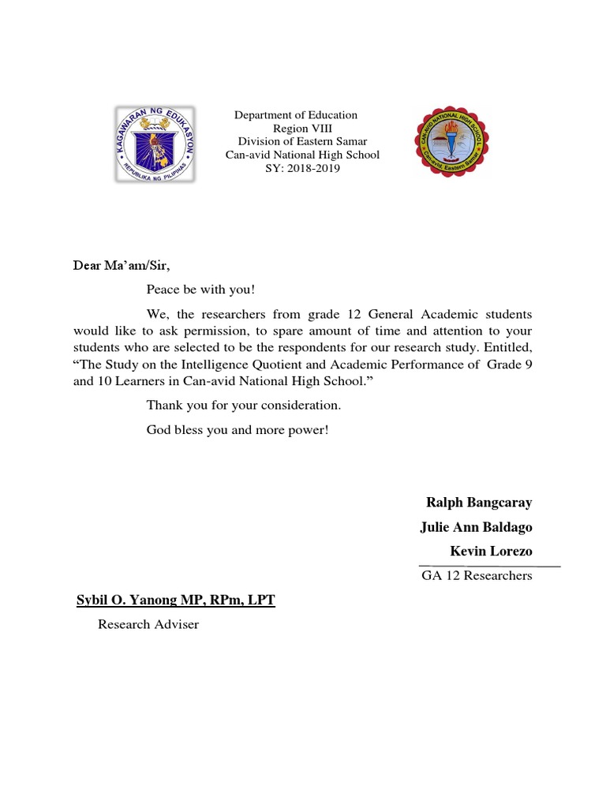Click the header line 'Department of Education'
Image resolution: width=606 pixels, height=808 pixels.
click(296, 115)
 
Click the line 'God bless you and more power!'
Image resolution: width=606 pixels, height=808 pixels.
click(237, 431)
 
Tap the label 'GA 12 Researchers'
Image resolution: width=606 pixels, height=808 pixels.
click(477, 575)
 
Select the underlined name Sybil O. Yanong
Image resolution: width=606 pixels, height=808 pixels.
click(175, 600)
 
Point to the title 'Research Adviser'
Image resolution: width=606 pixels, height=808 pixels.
click(148, 625)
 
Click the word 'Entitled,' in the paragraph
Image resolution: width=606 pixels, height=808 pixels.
click(509, 348)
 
